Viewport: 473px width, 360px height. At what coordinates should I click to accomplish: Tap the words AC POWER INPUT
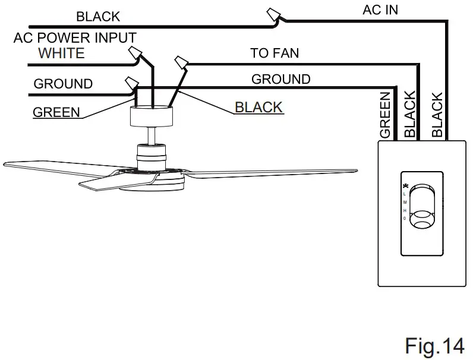click(75, 38)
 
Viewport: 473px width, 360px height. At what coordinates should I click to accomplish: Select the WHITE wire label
click(61, 53)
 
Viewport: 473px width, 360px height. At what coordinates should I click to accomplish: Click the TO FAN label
click(275, 53)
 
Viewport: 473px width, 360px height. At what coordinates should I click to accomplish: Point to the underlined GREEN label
click(56, 112)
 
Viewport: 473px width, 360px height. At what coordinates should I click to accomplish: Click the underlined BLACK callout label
click(258, 108)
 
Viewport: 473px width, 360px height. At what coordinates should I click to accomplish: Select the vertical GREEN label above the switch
click(385, 115)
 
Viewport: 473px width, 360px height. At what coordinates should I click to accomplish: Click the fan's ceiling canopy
click(152, 116)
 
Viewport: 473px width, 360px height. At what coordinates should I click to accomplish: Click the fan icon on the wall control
click(405, 186)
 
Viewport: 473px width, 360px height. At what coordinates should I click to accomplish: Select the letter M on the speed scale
click(405, 203)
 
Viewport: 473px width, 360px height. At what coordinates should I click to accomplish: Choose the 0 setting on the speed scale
click(405, 219)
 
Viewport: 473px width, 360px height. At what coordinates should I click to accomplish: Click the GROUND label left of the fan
click(63, 84)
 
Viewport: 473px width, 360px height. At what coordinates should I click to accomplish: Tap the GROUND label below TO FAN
click(280, 80)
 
